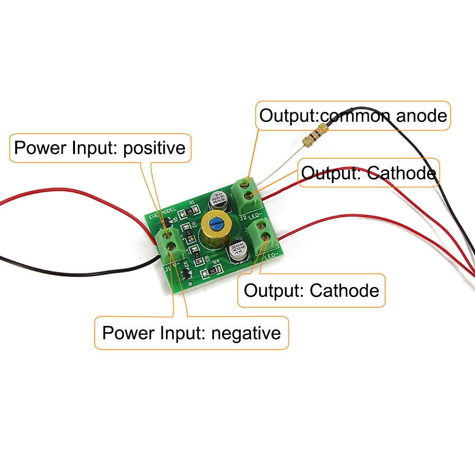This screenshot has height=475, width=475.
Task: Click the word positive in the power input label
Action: (x=154, y=148)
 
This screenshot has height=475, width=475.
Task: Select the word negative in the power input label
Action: (x=246, y=333)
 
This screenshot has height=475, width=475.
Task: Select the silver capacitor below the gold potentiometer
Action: (x=238, y=251)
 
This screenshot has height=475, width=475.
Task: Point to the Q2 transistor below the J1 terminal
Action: (x=185, y=274)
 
